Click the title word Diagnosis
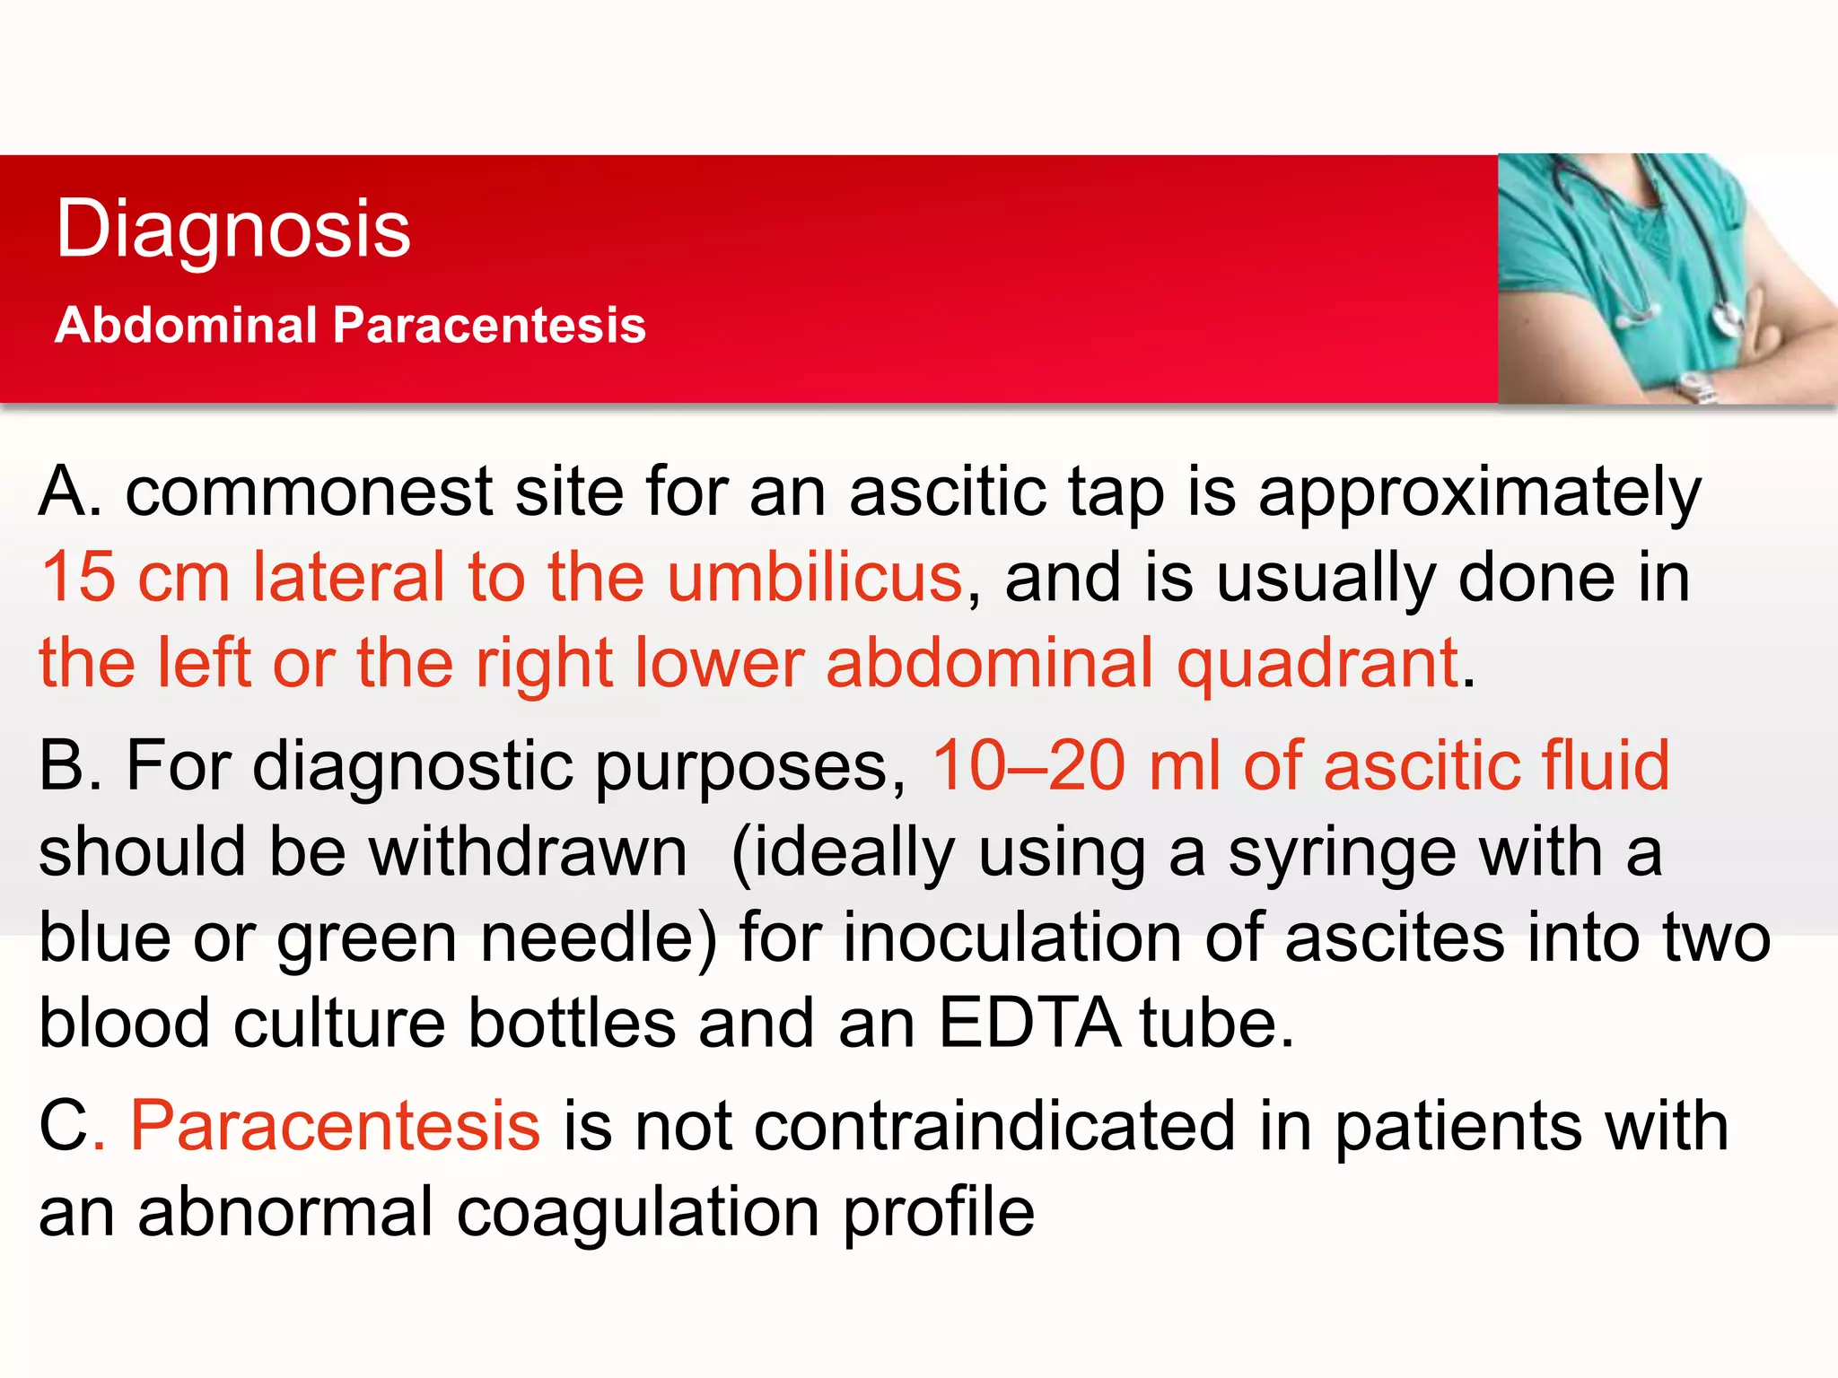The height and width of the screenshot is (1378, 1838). (232, 229)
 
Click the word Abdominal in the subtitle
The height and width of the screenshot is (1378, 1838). (187, 324)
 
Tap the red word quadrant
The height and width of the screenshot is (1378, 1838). (1317, 664)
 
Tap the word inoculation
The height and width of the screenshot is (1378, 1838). (1011, 938)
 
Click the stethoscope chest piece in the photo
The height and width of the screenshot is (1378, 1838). (1725, 319)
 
